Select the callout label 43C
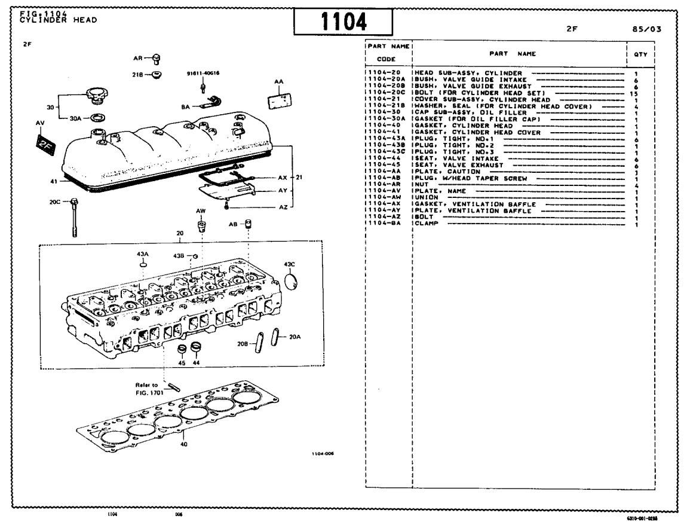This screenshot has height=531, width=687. [290, 264]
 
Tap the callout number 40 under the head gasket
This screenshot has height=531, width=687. [184, 444]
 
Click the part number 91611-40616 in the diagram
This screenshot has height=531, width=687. [203, 74]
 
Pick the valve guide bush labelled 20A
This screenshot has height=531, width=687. [275, 337]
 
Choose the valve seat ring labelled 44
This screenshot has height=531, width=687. [195, 349]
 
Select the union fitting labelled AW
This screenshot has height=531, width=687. [202, 227]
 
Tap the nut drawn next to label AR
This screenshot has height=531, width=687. [157, 58]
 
